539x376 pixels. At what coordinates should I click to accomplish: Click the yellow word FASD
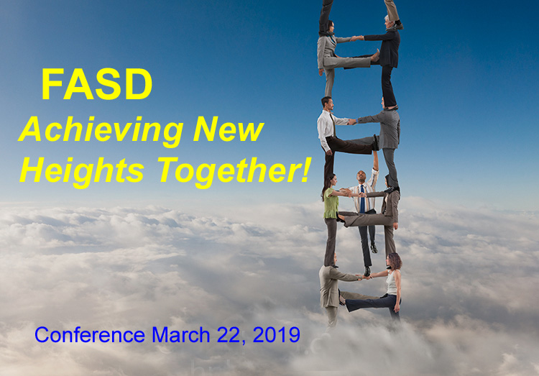tap(96, 84)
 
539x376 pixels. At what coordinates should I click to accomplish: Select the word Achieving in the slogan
tap(101, 130)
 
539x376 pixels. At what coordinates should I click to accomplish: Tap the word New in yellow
tap(229, 129)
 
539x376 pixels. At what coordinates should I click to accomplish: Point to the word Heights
tap(82, 171)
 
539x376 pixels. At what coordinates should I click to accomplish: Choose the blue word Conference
tap(90, 334)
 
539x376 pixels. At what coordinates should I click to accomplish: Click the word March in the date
tap(181, 334)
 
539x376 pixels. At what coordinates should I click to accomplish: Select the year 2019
tap(277, 334)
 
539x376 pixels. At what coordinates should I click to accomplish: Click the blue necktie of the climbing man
tap(362, 199)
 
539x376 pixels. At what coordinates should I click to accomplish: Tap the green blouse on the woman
tap(331, 203)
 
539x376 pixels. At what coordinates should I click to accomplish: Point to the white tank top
tap(392, 283)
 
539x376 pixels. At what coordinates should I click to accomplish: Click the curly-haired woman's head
tap(395, 261)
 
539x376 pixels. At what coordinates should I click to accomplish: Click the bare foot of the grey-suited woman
tap(375, 56)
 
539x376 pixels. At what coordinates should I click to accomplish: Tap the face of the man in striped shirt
tap(361, 177)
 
